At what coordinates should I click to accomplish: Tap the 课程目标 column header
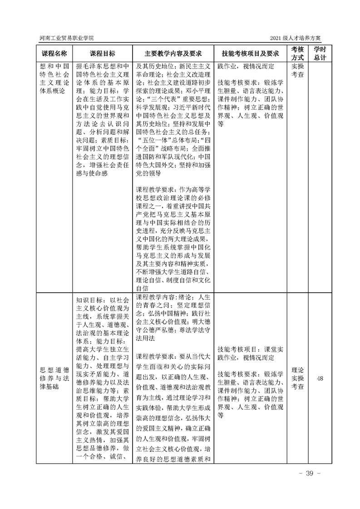102,53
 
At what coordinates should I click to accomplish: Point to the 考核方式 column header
297,53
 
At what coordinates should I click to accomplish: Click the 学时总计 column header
320,53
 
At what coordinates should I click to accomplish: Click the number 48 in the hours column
320,379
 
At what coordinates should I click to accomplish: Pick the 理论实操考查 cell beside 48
297,379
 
